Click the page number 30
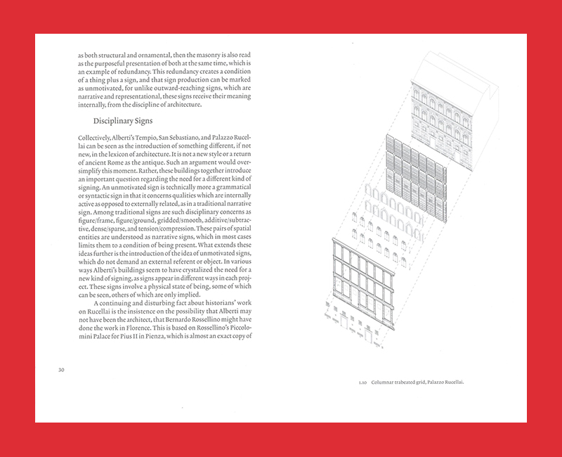(x=61, y=369)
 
